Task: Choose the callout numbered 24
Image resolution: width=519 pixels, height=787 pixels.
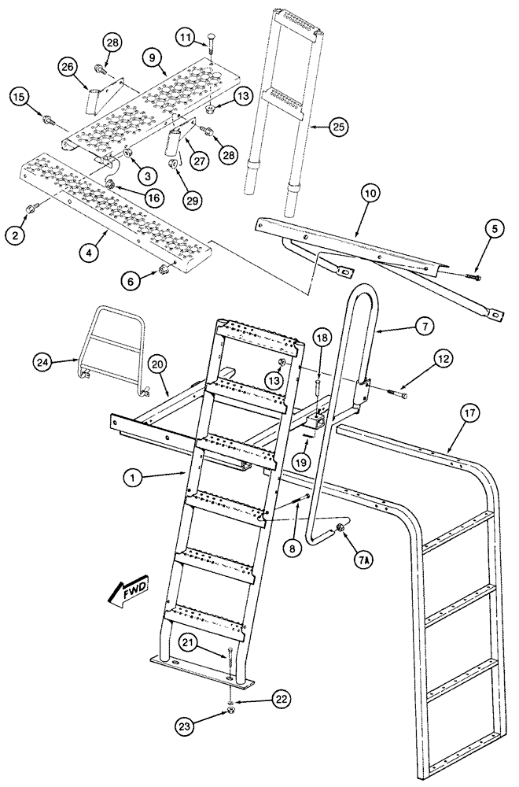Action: (46, 361)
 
